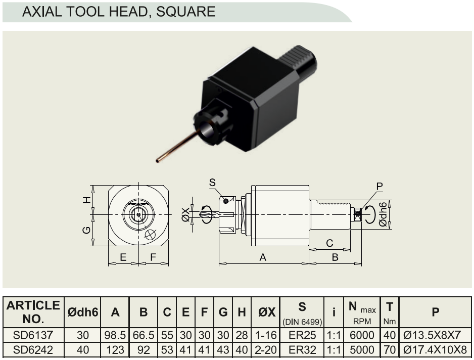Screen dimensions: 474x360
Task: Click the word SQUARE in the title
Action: click(x=185, y=12)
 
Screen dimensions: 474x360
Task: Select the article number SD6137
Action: click(x=33, y=335)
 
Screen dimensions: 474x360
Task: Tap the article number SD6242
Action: click(x=33, y=350)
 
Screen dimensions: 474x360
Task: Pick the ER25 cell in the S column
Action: click(x=302, y=335)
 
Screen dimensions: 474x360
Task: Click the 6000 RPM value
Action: click(x=362, y=335)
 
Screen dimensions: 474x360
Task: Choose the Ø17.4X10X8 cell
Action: click(x=435, y=350)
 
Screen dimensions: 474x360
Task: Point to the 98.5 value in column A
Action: click(x=115, y=335)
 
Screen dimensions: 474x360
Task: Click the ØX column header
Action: click(x=267, y=312)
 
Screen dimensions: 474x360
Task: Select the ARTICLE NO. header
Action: click(x=33, y=312)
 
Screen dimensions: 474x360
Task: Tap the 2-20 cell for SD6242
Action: click(x=266, y=350)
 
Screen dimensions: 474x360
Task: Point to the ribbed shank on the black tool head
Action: click(x=298, y=60)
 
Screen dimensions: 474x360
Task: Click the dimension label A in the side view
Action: click(x=263, y=257)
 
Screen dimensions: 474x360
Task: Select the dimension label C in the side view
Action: click(x=329, y=243)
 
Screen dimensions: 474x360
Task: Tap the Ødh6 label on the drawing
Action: click(x=383, y=214)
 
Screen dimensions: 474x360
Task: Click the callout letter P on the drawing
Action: click(x=380, y=187)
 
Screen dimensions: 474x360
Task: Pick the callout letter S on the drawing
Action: click(x=212, y=183)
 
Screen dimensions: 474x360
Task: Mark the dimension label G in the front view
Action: click(x=86, y=230)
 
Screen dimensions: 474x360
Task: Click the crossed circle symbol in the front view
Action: click(x=150, y=235)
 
